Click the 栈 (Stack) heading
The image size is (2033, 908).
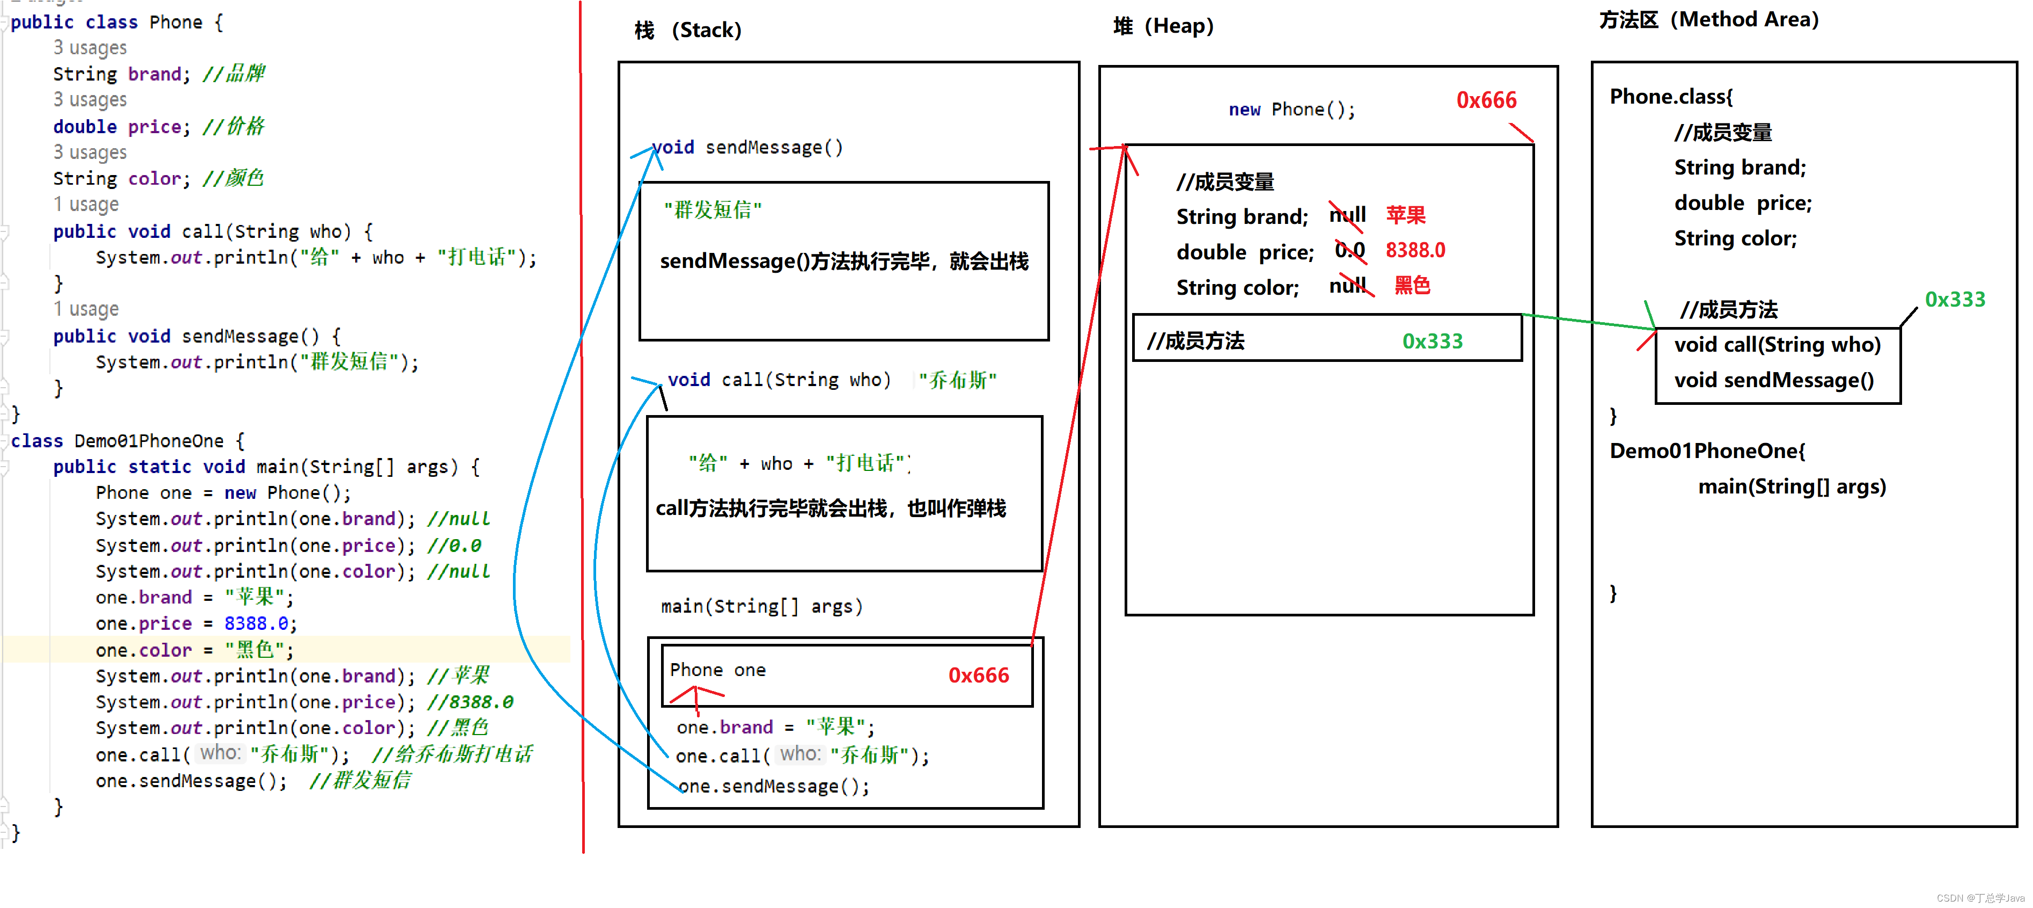pyautogui.click(x=687, y=31)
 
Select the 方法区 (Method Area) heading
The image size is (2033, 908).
pyautogui.click(x=1708, y=20)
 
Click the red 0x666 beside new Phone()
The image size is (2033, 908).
pyautogui.click(x=1486, y=100)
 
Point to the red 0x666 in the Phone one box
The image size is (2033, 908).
pyautogui.click(x=979, y=675)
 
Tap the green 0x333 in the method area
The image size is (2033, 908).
pyautogui.click(x=1954, y=299)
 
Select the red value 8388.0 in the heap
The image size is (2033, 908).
pyautogui.click(x=1415, y=250)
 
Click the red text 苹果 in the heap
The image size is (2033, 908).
pyautogui.click(x=1406, y=215)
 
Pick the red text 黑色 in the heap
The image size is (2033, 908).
pyautogui.click(x=1412, y=285)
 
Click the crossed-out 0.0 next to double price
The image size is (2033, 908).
pyautogui.click(x=1349, y=250)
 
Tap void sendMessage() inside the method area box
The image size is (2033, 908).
pyautogui.click(x=1773, y=381)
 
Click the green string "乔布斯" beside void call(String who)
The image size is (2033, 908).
pyautogui.click(x=957, y=381)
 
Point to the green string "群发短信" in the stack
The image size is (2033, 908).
pyautogui.click(x=713, y=210)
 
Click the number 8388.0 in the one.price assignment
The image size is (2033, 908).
pyautogui.click(x=256, y=624)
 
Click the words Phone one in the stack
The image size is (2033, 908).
pyautogui.click(x=717, y=670)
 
